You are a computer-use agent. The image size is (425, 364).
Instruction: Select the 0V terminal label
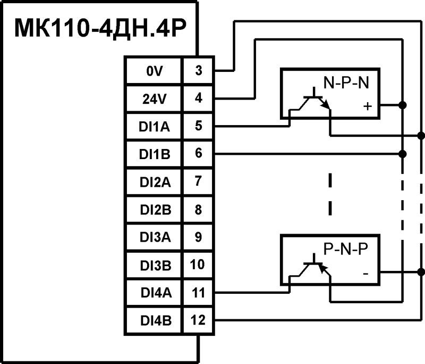(x=152, y=70)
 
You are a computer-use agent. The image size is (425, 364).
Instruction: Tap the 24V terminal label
(x=152, y=98)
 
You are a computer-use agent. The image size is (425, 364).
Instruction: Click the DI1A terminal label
(x=152, y=126)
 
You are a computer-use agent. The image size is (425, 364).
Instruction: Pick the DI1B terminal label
(x=152, y=154)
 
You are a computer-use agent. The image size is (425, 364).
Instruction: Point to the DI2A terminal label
(x=152, y=181)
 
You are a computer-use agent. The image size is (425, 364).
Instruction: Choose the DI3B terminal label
(x=152, y=264)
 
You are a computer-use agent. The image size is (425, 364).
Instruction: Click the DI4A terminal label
(x=152, y=292)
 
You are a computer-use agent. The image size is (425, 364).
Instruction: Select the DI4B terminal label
(x=152, y=320)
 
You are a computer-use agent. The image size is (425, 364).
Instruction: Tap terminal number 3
(x=198, y=70)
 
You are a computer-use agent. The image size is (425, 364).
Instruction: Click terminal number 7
(x=198, y=181)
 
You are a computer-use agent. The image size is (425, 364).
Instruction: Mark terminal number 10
(x=198, y=264)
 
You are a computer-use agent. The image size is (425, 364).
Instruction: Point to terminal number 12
(x=198, y=320)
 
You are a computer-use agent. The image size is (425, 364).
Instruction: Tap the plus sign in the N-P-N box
(x=366, y=106)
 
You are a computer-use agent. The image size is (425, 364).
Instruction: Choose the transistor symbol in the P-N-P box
(x=314, y=270)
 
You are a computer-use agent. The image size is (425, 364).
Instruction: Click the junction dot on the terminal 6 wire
(x=402, y=154)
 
